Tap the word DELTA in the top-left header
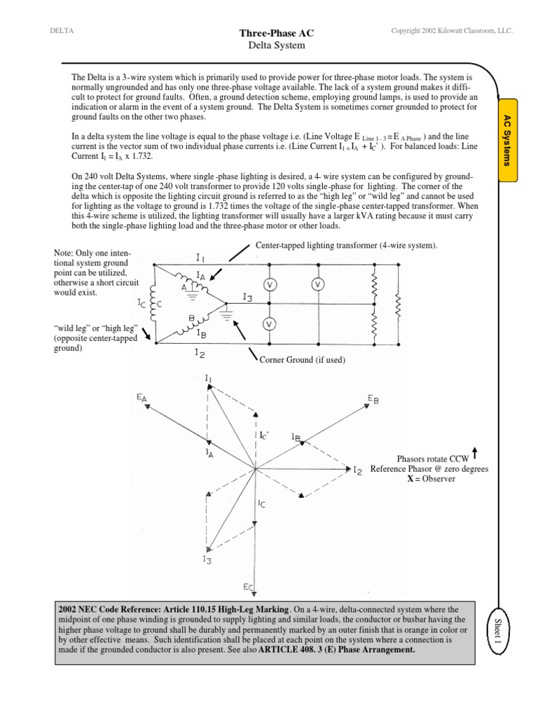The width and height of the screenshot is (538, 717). (x=62, y=31)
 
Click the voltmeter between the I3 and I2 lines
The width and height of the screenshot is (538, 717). (x=269, y=323)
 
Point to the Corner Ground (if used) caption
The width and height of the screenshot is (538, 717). (x=302, y=359)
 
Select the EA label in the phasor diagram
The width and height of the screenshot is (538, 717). (x=142, y=398)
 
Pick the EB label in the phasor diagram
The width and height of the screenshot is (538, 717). (x=373, y=399)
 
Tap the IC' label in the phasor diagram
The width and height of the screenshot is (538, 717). (x=265, y=436)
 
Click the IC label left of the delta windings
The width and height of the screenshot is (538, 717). (x=142, y=304)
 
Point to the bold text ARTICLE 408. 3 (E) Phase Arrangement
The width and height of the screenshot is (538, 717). (x=337, y=650)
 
